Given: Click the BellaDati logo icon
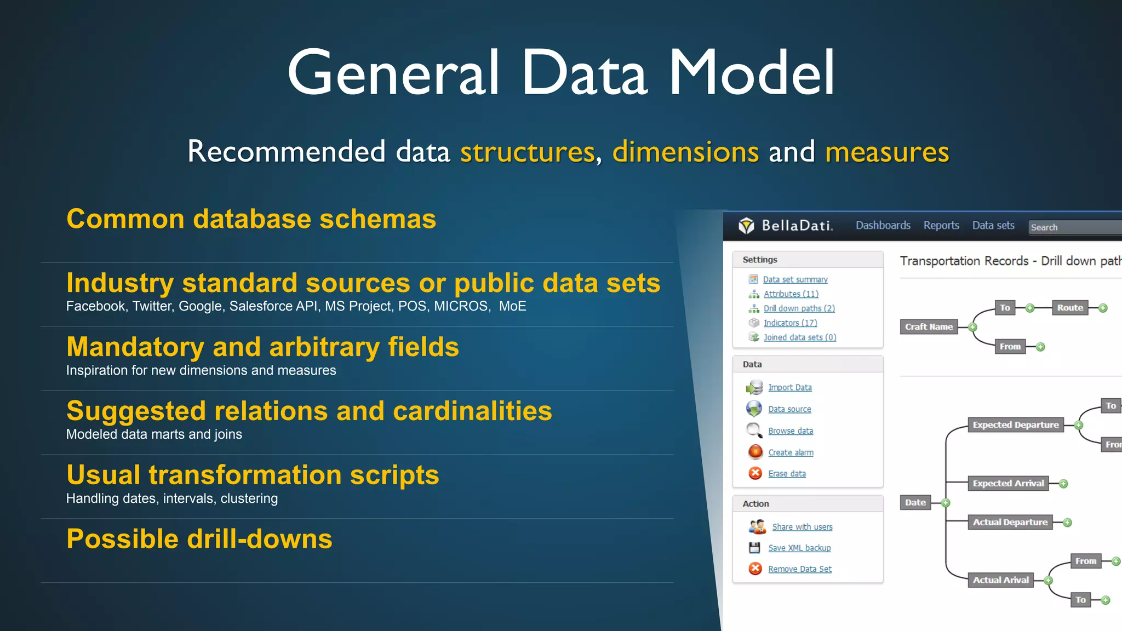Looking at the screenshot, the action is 746,226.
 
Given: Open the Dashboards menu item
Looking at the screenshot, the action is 883,226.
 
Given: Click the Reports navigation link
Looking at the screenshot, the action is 941,226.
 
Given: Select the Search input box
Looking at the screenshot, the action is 1074,227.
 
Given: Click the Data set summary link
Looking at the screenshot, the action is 795,279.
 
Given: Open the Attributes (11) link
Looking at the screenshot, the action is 791,294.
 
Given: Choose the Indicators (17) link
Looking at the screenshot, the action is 790,323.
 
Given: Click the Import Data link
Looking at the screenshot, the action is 789,387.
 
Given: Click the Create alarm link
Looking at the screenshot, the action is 791,452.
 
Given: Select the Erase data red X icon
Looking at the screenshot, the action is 755,473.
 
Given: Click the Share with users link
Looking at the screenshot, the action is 802,527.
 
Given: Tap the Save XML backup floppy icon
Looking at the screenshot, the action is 754,548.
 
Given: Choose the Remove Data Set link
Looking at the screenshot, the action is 799,569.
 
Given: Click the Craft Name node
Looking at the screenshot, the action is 929,327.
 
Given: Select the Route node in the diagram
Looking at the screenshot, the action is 1070,308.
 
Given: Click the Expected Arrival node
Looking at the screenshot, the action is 1008,483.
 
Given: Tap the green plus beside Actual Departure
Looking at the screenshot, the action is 1067,523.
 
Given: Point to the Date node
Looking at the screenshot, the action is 915,502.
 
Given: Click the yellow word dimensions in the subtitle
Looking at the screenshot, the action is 685,152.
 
